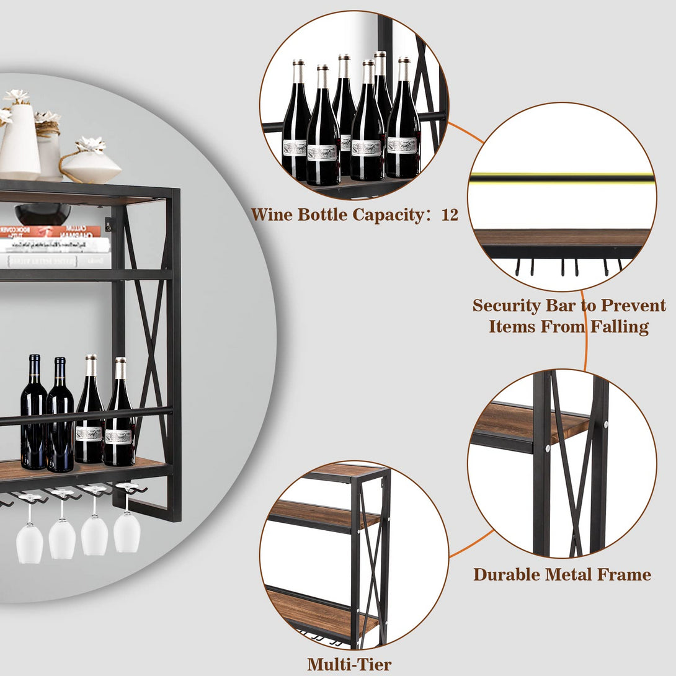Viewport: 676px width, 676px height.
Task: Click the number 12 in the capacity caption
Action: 450,215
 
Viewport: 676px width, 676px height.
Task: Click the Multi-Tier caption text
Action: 349,664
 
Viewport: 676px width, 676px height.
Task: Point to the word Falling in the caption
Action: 617,326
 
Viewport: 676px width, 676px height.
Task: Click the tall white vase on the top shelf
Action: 19,140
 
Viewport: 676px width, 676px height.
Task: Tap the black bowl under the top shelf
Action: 42,214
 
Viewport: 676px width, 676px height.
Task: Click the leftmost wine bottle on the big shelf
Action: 33,416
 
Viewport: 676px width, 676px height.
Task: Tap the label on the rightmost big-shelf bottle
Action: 120,435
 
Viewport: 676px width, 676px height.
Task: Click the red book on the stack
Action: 50,231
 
